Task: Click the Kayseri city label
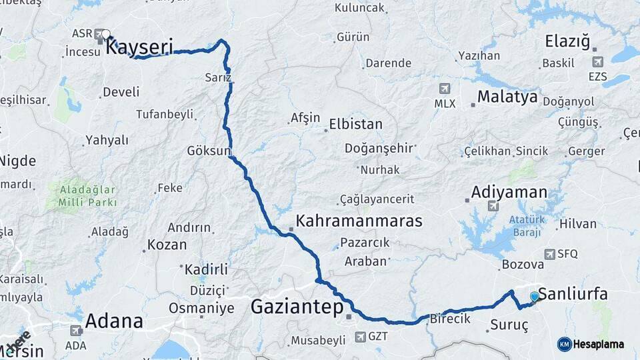point(140,47)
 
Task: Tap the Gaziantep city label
point(297,307)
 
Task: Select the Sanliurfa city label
point(573,294)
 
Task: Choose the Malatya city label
point(507,97)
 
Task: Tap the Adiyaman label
point(509,192)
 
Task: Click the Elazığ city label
point(567,41)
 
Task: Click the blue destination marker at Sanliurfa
point(534,296)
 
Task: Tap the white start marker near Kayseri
point(106,33)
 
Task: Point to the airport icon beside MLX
point(445,88)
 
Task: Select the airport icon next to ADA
point(76,330)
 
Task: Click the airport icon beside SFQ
point(549,254)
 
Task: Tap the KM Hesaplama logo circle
point(565,344)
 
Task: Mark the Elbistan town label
point(356,124)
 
